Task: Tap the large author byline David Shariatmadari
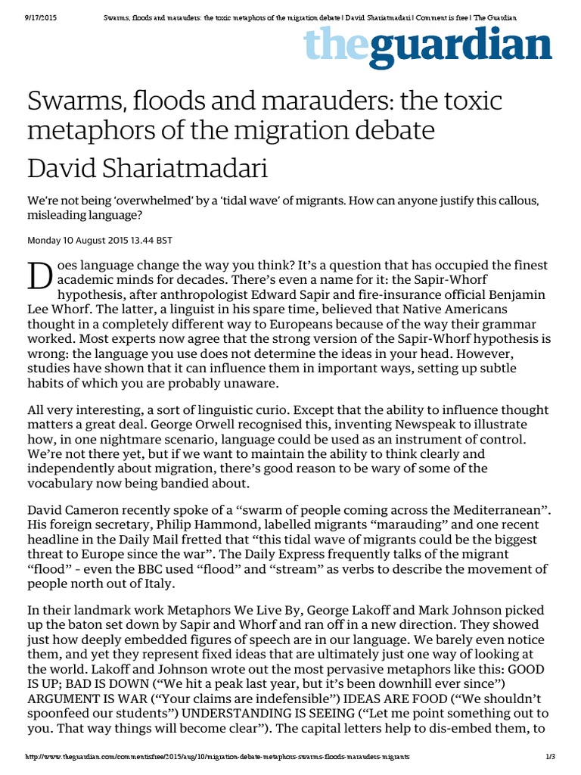[148, 167]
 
